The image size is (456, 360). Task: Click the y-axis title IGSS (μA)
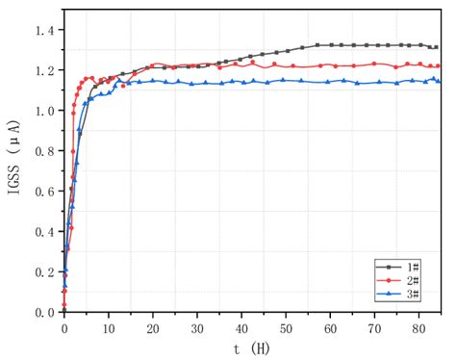pos(13,159)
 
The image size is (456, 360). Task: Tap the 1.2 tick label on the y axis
pos(45,70)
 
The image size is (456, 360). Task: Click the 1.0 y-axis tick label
pos(45,111)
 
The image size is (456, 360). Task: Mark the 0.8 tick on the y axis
pos(45,151)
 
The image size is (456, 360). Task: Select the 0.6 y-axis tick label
pos(45,192)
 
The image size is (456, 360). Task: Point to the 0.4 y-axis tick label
pos(45,232)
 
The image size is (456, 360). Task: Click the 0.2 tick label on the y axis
pos(45,272)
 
